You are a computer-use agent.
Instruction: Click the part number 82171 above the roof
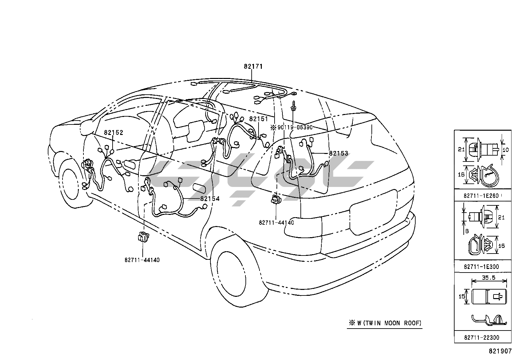pos(253,66)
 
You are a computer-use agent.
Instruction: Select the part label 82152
pos(114,133)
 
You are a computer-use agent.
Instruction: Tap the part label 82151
pos(258,119)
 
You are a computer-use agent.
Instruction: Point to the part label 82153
pos(338,153)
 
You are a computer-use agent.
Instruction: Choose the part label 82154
pos(210,199)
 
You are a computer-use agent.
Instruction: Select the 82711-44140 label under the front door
pos(142,260)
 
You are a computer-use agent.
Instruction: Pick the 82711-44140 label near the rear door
pos(276,223)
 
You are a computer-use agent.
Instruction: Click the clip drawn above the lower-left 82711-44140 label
pos(143,236)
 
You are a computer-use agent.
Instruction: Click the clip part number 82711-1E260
pos(481,196)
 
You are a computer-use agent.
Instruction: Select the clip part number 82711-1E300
pos(481,267)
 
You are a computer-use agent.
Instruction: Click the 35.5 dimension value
pos(489,278)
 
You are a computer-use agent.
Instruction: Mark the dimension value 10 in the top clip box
pos(505,150)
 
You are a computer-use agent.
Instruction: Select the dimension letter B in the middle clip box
pos(467,231)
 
